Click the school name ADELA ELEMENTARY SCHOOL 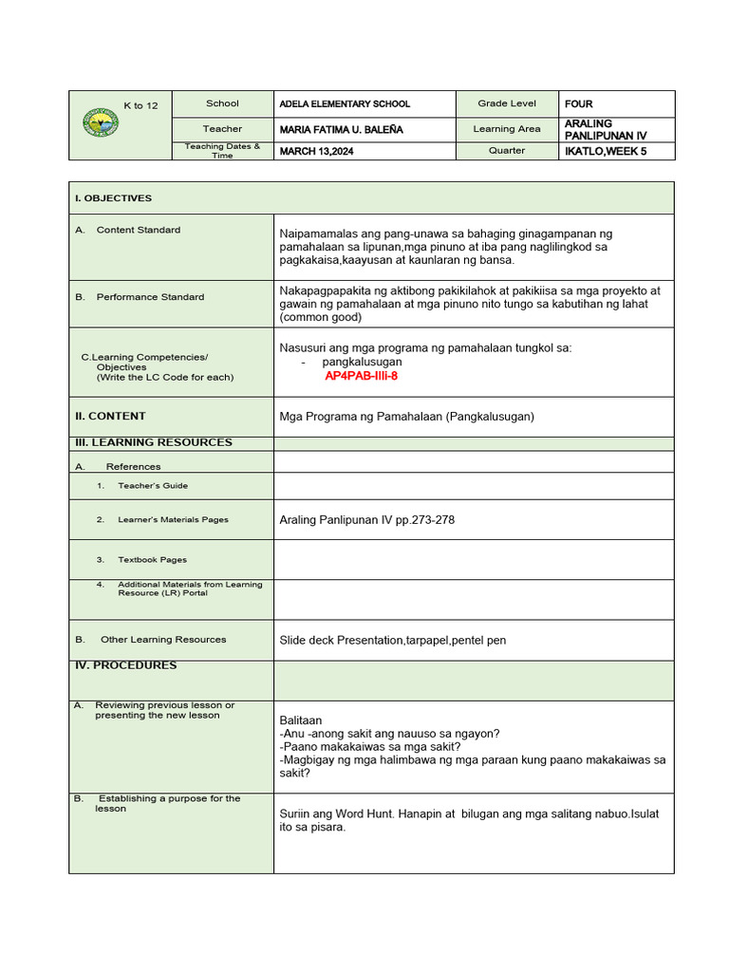coord(344,104)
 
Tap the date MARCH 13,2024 coord(316,151)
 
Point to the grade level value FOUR coord(578,104)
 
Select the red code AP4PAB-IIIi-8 coord(361,376)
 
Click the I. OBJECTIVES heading coord(113,198)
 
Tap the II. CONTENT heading coord(110,416)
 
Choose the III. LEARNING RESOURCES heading coord(153,442)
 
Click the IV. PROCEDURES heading coord(125,665)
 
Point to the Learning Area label coord(507,129)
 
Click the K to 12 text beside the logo coord(139,106)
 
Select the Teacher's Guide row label coord(152,486)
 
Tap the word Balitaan coord(301,720)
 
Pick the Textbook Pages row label coord(152,560)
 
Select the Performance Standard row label coord(149,297)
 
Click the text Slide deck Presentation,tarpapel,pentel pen coord(393,641)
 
